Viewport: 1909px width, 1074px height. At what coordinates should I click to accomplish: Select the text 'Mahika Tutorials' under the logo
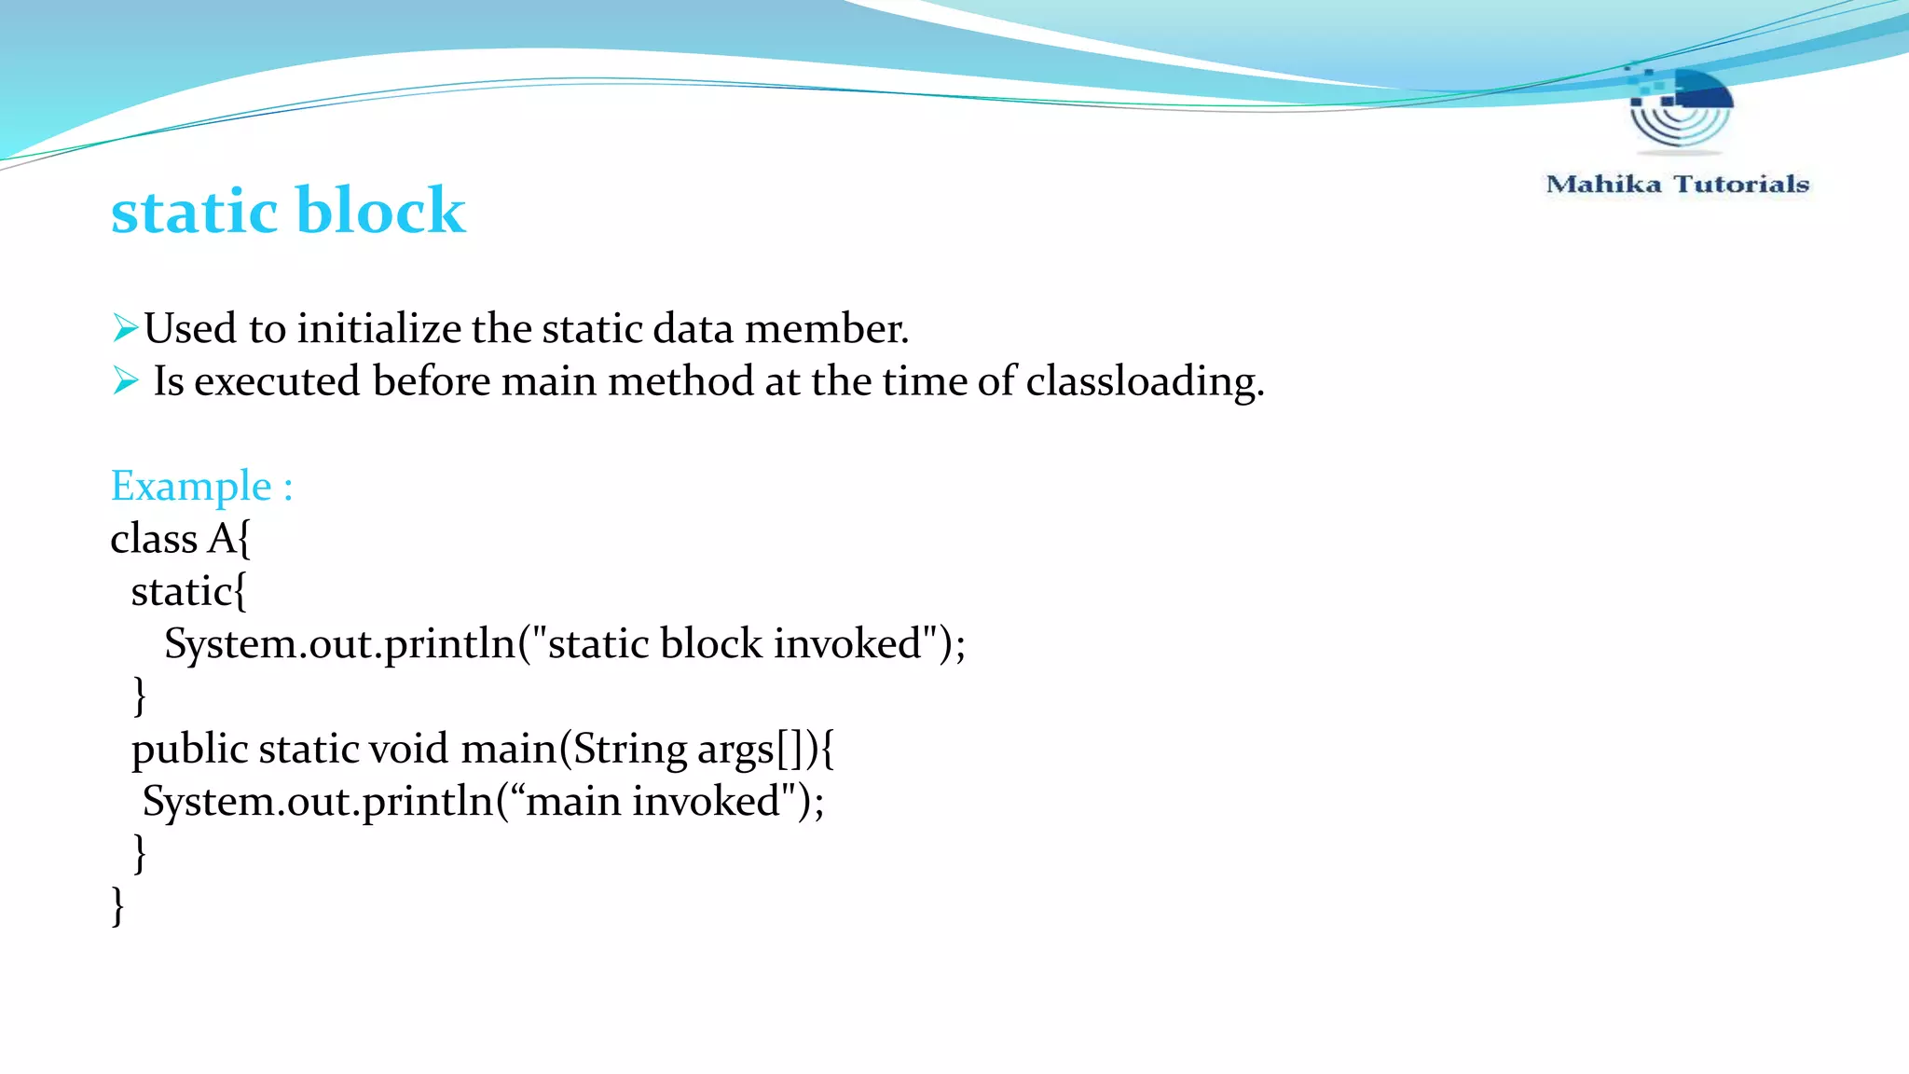[x=1677, y=185]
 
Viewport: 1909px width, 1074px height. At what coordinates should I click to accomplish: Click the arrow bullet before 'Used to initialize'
[x=125, y=328]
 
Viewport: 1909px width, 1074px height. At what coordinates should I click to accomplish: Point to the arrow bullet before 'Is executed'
[x=125, y=380]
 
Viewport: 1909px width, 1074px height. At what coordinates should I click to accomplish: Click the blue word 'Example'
[x=191, y=486]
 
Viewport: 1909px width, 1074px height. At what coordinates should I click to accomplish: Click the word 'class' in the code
[x=154, y=539]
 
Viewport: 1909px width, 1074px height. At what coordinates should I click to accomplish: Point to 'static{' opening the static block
[x=189, y=592]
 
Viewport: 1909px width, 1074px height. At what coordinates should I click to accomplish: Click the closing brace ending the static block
[x=140, y=695]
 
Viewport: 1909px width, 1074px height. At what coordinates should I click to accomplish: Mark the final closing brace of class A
[x=117, y=906]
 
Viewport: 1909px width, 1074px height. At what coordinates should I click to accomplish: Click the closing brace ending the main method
[x=140, y=853]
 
